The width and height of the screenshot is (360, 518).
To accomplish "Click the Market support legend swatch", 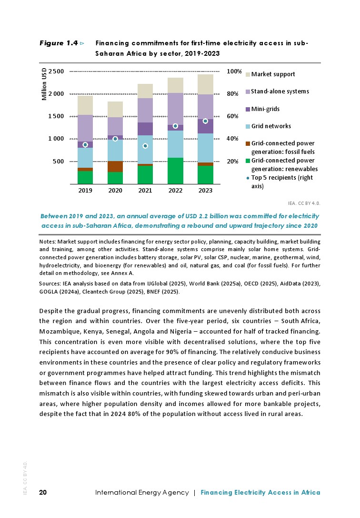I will point(247,74).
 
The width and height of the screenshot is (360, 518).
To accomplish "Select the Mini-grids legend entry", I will point(265,109).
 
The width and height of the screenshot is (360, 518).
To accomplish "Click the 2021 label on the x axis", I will point(145,191).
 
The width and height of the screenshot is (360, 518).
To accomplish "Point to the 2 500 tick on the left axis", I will point(56,71).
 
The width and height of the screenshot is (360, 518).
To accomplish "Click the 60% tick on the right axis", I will point(232,116).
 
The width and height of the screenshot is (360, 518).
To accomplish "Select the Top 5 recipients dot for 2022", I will point(175,126).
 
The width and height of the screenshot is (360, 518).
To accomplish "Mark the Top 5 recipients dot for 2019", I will point(85,144).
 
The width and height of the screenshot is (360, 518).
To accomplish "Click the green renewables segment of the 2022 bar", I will point(175,171).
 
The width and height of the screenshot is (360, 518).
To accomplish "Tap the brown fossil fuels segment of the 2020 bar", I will point(115,166).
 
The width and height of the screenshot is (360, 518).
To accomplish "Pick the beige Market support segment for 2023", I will point(205,84).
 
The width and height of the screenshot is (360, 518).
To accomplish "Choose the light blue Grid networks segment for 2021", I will point(145,149).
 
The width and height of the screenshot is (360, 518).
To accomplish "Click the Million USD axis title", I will point(44,84).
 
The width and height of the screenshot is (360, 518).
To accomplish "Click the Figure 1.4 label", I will point(58,43).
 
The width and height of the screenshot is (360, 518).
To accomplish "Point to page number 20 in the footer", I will point(43,492).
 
